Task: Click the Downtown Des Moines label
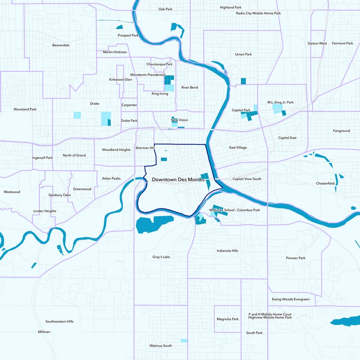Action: click(x=178, y=180)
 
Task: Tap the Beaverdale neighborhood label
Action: click(x=61, y=45)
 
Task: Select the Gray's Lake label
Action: click(x=161, y=257)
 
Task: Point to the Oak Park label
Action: click(x=166, y=9)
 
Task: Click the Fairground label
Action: click(x=341, y=131)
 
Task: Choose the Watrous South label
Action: click(x=161, y=346)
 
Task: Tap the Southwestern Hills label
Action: click(x=59, y=322)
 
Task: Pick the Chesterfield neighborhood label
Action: click(x=325, y=184)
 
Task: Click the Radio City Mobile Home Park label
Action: click(x=258, y=13)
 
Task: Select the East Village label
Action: click(x=238, y=148)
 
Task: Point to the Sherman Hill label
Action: click(x=145, y=148)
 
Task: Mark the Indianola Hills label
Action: click(x=227, y=251)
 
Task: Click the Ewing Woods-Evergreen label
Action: click(x=291, y=299)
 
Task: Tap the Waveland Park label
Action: click(x=25, y=109)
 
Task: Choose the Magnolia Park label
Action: click(x=227, y=319)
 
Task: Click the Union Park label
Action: click(x=243, y=54)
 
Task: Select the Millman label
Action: click(x=44, y=332)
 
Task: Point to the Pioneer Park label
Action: click(x=296, y=258)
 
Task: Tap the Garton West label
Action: click(x=317, y=44)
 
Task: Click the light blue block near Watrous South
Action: click(x=184, y=341)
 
